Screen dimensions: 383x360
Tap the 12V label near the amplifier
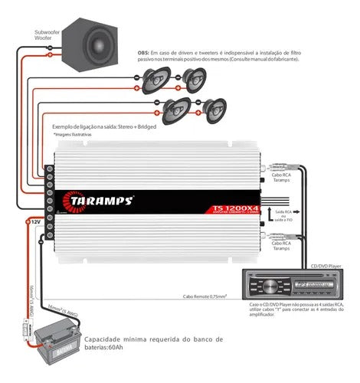click(34, 221)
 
